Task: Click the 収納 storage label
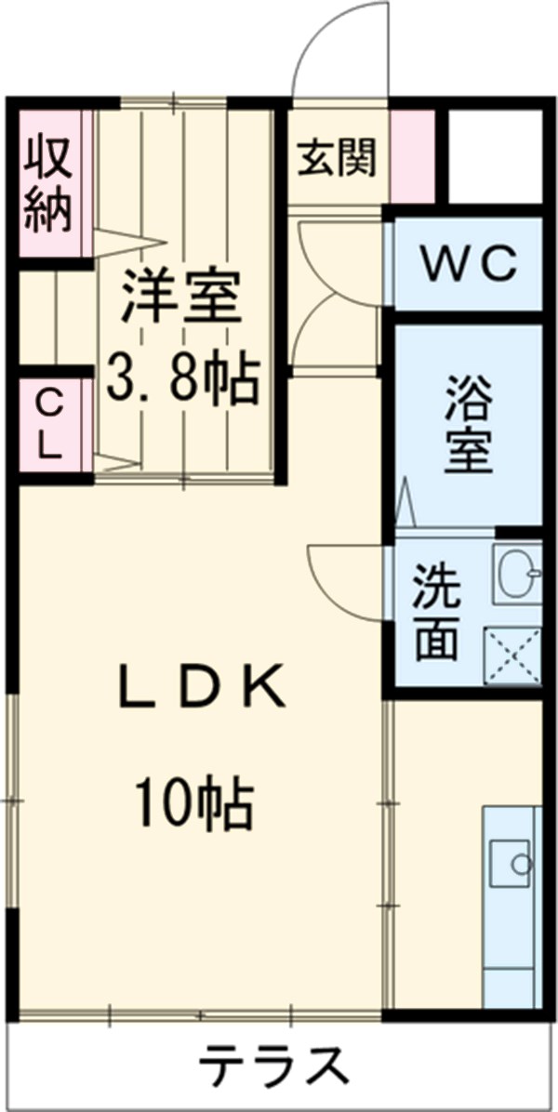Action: click(x=48, y=183)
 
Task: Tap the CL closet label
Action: click(x=49, y=424)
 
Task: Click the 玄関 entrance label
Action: click(x=337, y=157)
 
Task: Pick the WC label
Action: click(x=469, y=263)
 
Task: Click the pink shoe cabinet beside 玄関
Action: click(x=413, y=156)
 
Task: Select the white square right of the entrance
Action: click(x=494, y=155)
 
